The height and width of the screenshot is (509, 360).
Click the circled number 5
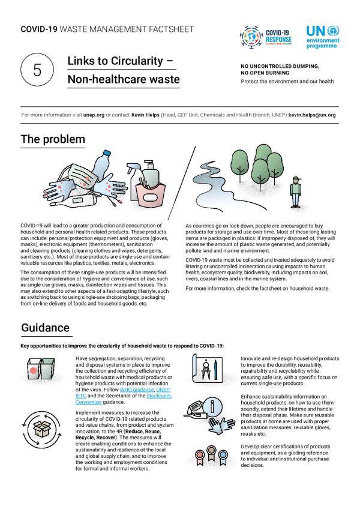pyautogui.click(x=37, y=70)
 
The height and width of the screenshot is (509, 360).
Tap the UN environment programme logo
pyautogui.click(x=322, y=37)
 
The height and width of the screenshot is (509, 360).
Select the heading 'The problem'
pyautogui.click(x=53, y=139)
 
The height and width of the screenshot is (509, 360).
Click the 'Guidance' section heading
pyautogui.click(x=46, y=328)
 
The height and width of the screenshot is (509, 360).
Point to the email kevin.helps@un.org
pyautogui.click(x=309, y=114)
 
